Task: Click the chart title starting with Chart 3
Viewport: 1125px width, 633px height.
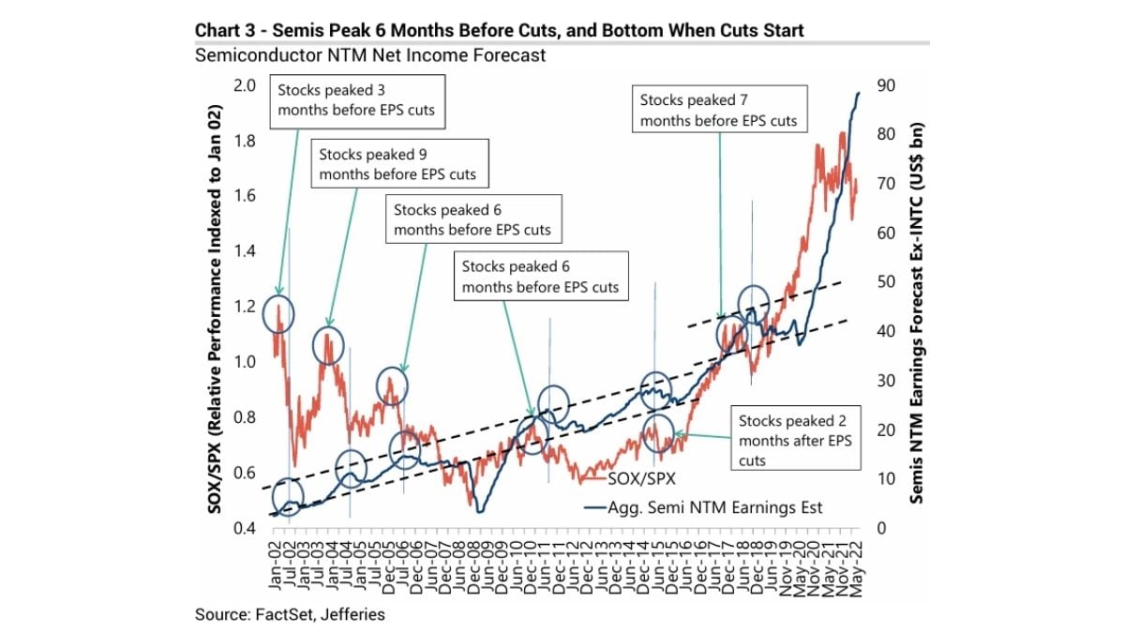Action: click(499, 31)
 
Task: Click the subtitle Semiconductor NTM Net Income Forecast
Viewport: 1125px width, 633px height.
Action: click(370, 55)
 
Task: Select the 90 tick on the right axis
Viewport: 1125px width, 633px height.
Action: click(883, 85)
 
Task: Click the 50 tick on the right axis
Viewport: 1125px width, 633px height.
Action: click(883, 282)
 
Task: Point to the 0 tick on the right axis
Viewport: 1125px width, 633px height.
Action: click(879, 528)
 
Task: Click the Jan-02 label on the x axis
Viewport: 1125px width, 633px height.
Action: click(276, 565)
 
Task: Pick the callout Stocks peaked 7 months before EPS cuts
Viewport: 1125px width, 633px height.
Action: click(718, 110)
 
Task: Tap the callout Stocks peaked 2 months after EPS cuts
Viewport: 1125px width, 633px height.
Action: click(795, 440)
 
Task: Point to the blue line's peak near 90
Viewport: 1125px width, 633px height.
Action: click(859, 92)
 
